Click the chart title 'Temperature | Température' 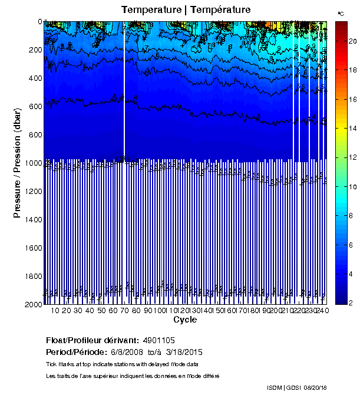coord(186,9)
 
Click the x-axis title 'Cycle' coord(185,320)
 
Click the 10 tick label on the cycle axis coord(55,310)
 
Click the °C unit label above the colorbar coord(341,13)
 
